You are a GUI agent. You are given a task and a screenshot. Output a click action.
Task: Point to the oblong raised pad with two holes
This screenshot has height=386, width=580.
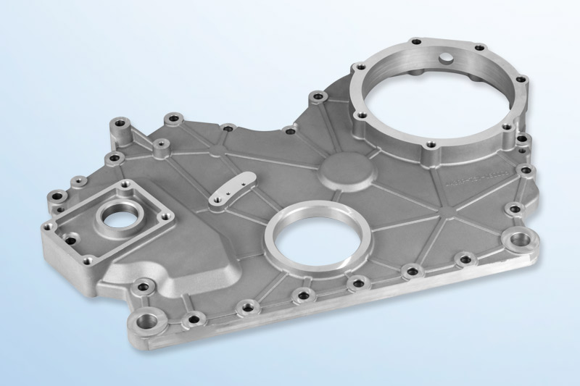coord(232,190)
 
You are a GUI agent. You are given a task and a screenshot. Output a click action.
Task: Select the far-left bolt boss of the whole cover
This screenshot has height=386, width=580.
coord(56,195)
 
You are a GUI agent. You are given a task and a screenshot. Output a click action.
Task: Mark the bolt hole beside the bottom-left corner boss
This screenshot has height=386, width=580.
coord(191,318)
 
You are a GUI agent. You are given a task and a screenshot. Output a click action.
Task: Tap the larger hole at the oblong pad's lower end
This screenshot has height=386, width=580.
coord(218,196)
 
